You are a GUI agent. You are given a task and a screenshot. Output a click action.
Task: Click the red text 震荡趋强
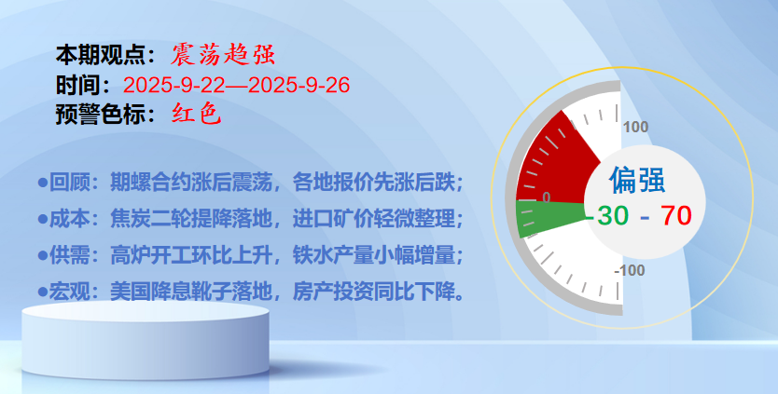click(x=223, y=55)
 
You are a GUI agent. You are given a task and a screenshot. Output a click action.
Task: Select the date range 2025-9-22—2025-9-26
click(x=237, y=86)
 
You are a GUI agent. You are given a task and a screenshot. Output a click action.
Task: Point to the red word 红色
click(x=196, y=115)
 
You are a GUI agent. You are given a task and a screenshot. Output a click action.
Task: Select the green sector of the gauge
click(x=546, y=217)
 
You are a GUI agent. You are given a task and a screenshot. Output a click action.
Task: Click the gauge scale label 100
click(x=635, y=127)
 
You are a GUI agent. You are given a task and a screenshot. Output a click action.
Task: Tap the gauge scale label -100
click(x=629, y=271)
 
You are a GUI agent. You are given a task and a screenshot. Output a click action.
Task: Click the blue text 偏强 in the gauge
click(x=637, y=180)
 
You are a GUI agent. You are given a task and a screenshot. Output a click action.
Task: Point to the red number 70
click(x=675, y=215)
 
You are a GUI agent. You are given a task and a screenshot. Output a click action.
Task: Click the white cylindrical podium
click(x=146, y=341)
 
